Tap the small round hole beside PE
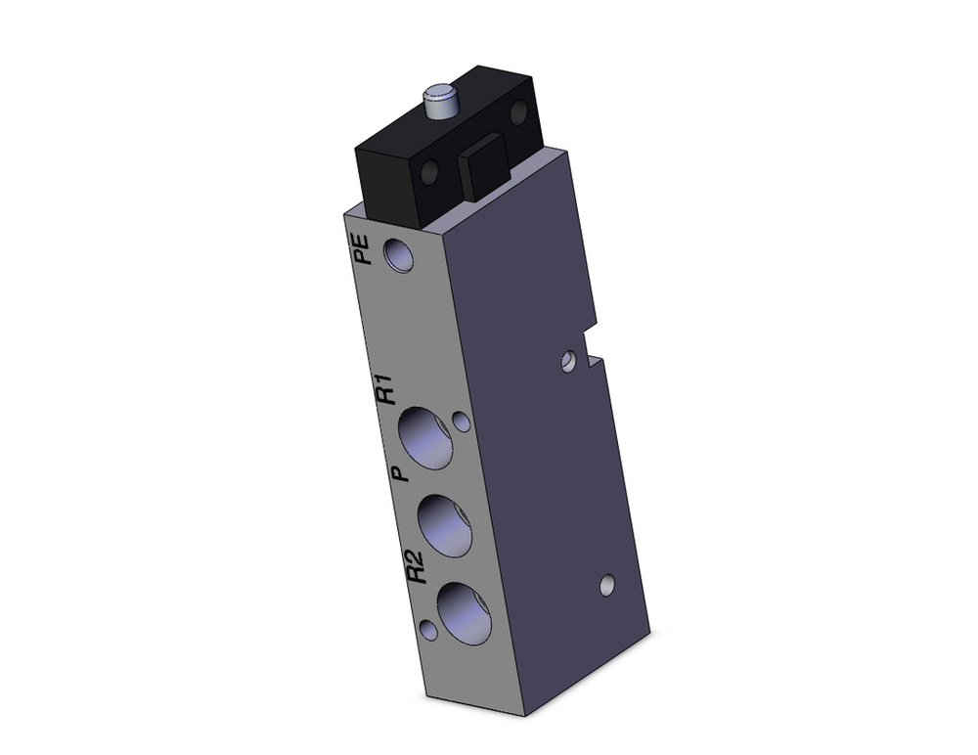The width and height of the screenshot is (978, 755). click(x=399, y=255)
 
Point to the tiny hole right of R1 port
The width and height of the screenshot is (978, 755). click(x=461, y=422)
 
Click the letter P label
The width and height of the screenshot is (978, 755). click(x=397, y=474)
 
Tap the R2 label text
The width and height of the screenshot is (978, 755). click(x=416, y=566)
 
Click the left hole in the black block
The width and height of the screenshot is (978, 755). click(x=427, y=176)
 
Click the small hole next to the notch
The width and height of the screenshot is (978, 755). click(x=567, y=363)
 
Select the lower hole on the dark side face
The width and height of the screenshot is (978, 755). click(x=607, y=586)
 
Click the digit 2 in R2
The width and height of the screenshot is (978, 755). click(x=416, y=558)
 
